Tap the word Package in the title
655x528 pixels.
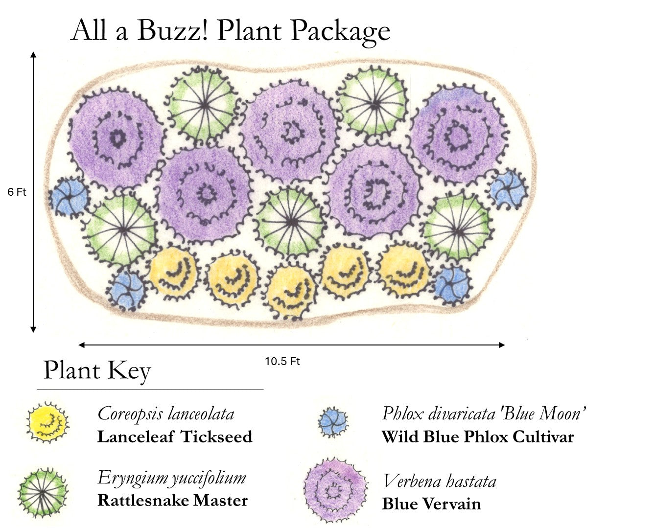pyautogui.click(x=340, y=31)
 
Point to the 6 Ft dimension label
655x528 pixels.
pyautogui.click(x=17, y=192)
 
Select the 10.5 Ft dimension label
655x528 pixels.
pyautogui.click(x=282, y=362)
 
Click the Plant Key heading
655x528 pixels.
pyautogui.click(x=97, y=370)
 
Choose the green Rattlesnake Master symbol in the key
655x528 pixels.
pyautogui.click(x=43, y=492)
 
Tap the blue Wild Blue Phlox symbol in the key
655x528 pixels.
pyautogui.click(x=333, y=422)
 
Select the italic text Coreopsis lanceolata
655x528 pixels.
pyautogui.click(x=166, y=413)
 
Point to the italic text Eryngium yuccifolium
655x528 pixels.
pyautogui.click(x=171, y=478)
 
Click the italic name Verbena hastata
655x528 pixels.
pyautogui.click(x=439, y=482)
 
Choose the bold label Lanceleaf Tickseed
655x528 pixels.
pyautogui.click(x=175, y=436)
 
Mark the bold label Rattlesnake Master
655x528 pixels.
pyautogui.click(x=173, y=501)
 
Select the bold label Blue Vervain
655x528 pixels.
pyautogui.click(x=431, y=504)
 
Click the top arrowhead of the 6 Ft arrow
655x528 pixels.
pyautogui.click(x=33, y=53)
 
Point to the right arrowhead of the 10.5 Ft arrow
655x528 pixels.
pyautogui.click(x=502, y=345)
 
